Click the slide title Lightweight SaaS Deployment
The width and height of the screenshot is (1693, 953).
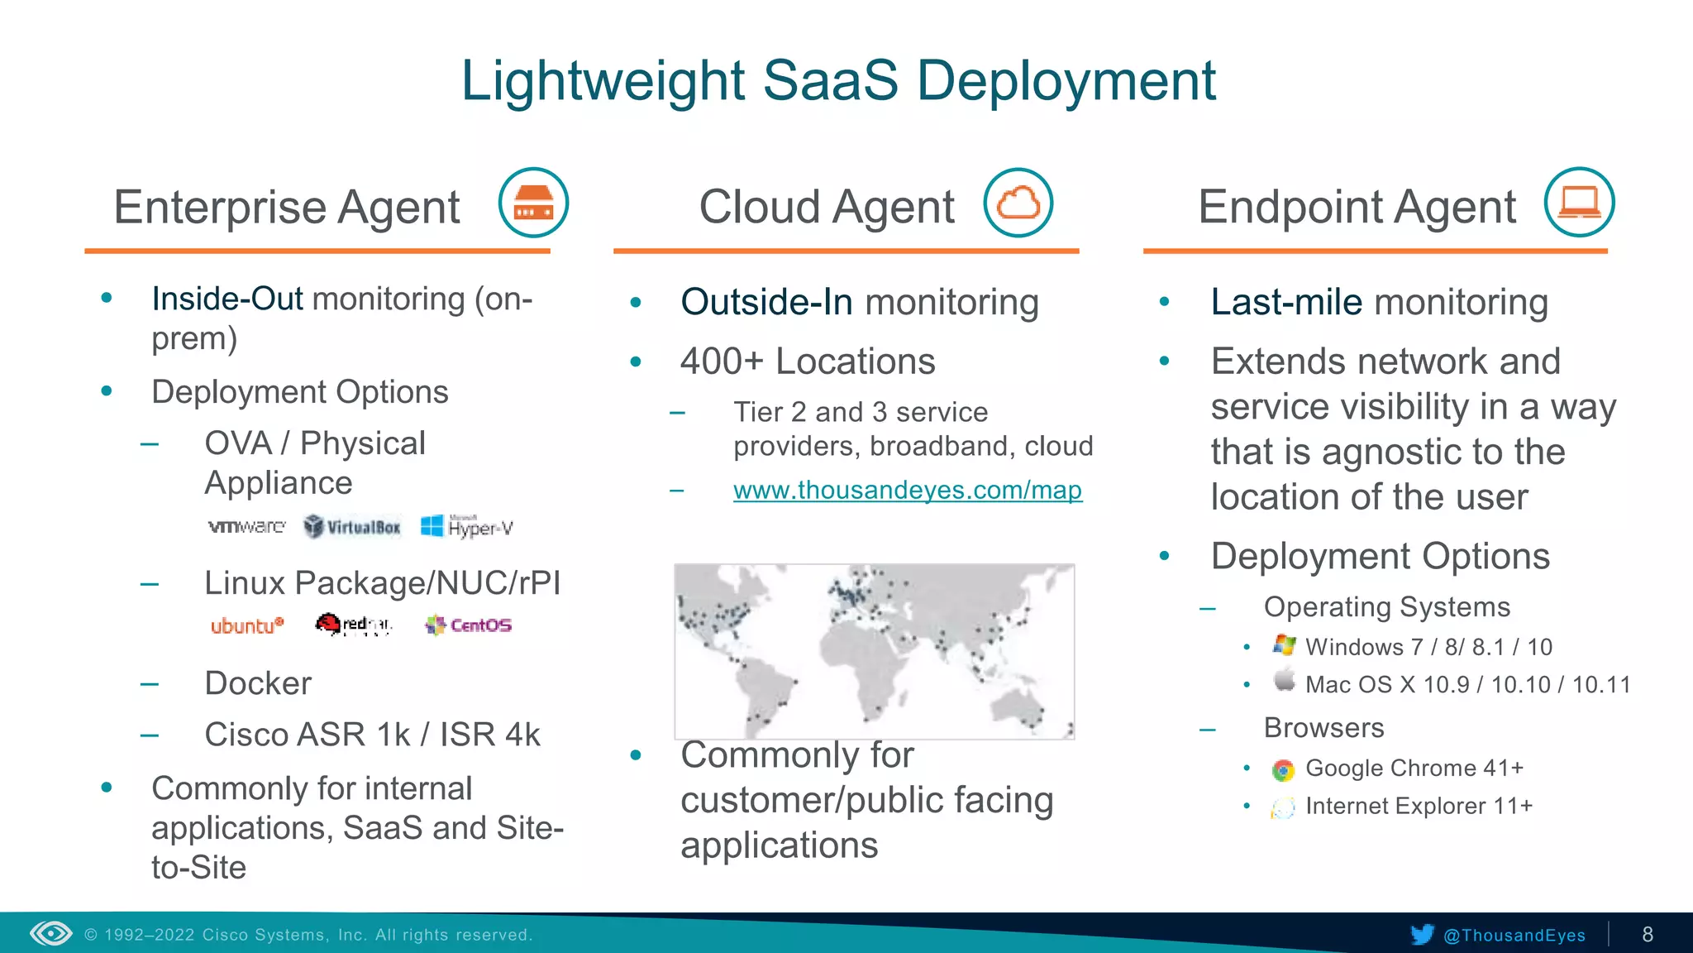[838, 81]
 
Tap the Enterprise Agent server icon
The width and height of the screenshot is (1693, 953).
[533, 203]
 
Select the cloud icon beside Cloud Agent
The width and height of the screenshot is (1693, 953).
[1018, 203]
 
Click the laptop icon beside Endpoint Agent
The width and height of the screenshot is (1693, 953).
[1579, 203]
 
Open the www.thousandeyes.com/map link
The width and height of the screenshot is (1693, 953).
[907, 490]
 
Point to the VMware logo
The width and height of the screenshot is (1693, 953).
[246, 526]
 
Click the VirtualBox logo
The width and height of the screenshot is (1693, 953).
[352, 526]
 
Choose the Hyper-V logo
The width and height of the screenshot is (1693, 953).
[467, 526]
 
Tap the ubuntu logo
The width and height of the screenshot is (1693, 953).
[246, 625]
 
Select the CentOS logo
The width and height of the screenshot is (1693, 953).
[469, 625]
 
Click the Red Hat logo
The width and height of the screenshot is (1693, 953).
[353, 625]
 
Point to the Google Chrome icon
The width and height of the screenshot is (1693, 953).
[1282, 770]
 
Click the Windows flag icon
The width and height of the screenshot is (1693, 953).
[1284, 645]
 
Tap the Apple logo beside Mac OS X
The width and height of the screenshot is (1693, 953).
[1284, 681]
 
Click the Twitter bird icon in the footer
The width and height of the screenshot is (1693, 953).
[1422, 935]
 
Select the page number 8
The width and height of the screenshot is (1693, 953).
[1648, 935]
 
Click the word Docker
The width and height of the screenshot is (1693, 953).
[258, 683]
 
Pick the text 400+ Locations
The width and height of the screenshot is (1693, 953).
[808, 362]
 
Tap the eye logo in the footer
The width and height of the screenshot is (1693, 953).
[51, 934]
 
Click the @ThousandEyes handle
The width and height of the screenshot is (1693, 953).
[1514, 935]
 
